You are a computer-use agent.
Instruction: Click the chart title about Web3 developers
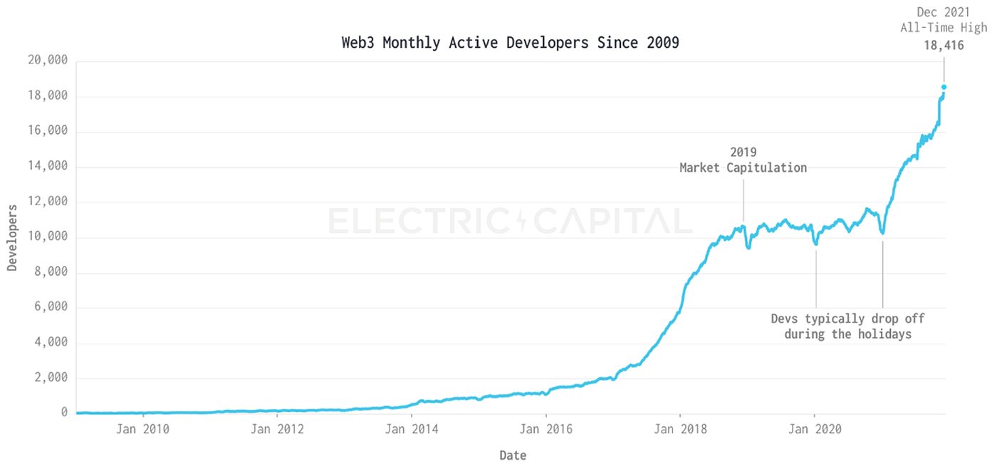(510, 43)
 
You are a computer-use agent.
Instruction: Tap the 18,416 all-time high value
(944, 46)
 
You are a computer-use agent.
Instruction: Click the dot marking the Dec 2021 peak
(944, 87)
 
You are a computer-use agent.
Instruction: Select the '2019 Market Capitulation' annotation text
(743, 160)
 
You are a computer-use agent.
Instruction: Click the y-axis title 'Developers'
(12, 237)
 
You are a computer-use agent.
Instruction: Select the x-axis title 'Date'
(513, 455)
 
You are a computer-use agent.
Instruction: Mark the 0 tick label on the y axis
(63, 413)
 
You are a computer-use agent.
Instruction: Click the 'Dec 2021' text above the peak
(944, 13)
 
